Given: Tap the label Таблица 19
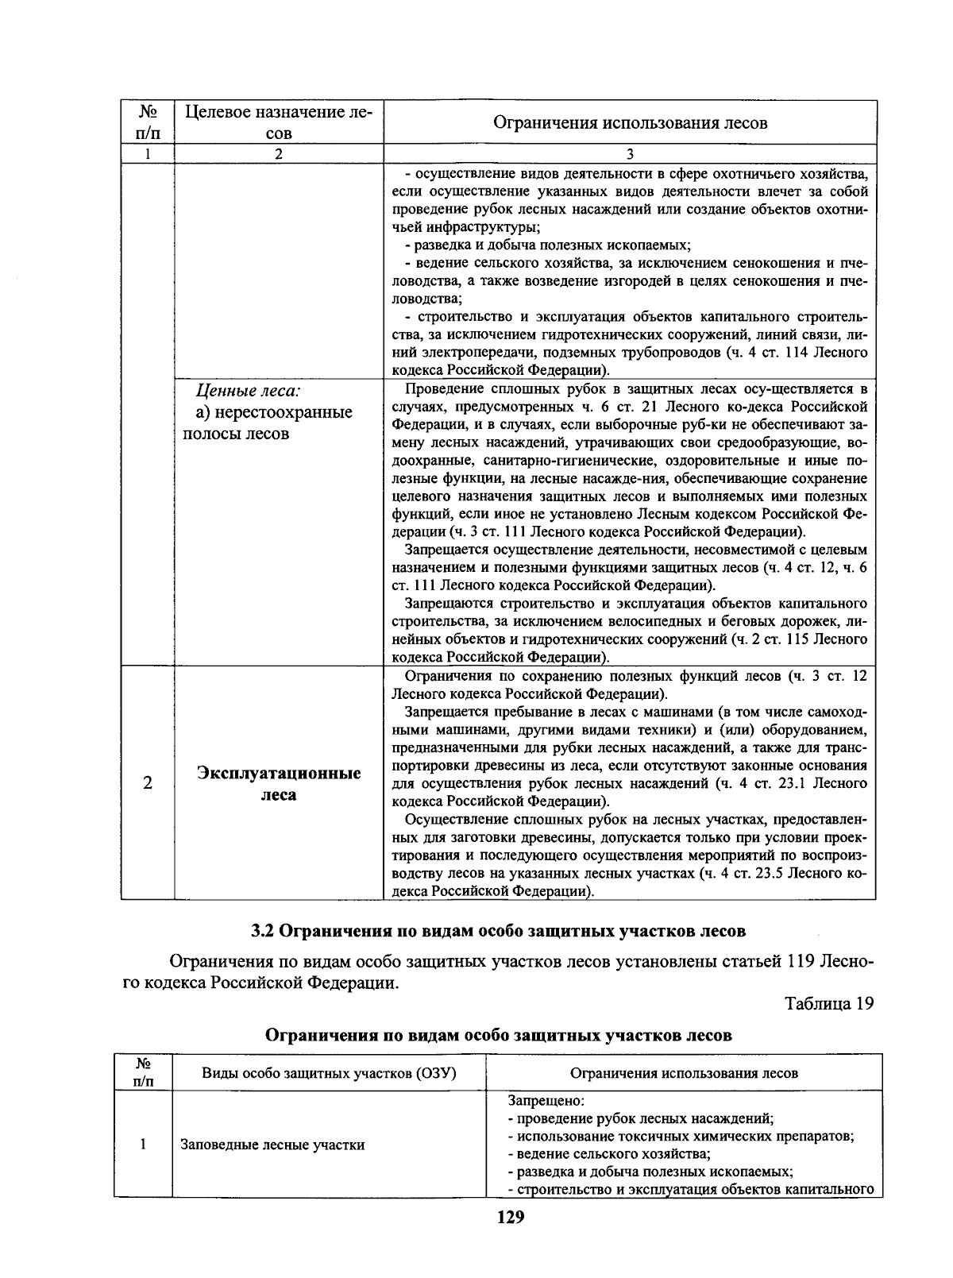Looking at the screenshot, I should click(828, 1003).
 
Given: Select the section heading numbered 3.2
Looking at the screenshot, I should click(498, 929).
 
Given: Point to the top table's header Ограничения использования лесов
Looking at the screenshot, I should click(630, 122).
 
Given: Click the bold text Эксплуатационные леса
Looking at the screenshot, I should click(279, 783).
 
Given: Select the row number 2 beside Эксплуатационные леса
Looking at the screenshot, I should click(148, 783).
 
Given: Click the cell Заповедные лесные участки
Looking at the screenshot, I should click(272, 1145).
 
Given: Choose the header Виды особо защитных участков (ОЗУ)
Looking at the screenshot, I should click(329, 1073).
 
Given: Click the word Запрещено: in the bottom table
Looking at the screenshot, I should click(546, 1102).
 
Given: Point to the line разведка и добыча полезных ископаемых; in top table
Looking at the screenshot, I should click(548, 245).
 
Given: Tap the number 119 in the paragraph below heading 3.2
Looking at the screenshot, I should click(803, 962).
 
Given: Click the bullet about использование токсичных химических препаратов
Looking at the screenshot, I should click(681, 1136).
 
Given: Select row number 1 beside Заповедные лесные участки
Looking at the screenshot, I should click(143, 1145).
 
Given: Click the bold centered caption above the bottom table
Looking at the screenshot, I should click(498, 1035).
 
